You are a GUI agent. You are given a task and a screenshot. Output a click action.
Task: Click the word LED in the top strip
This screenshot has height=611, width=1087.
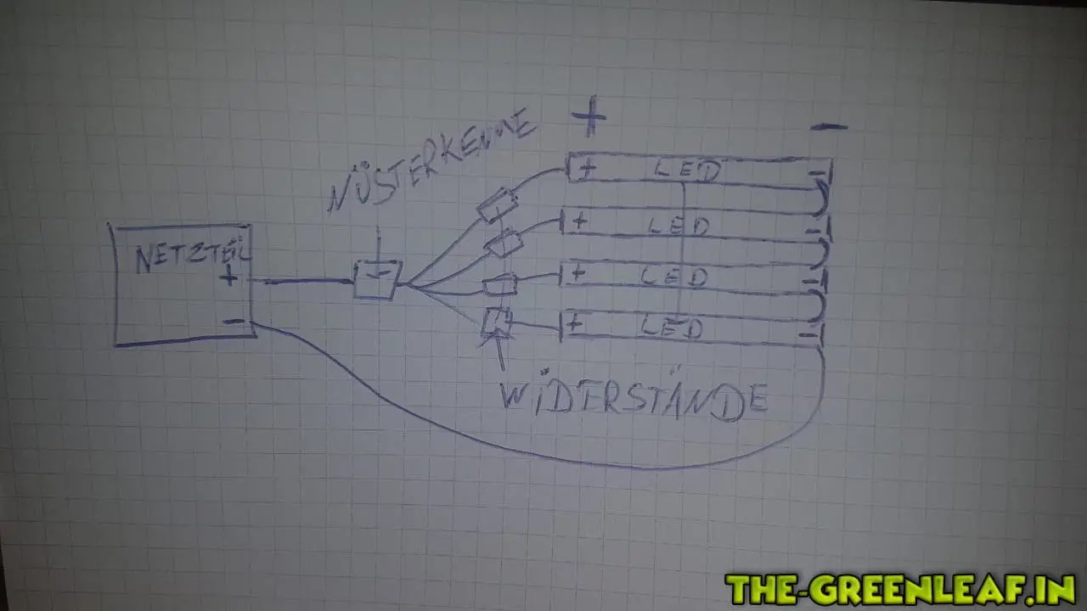pyautogui.click(x=688, y=171)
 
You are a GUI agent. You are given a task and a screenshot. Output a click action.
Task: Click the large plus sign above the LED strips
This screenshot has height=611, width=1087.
pyautogui.click(x=589, y=118)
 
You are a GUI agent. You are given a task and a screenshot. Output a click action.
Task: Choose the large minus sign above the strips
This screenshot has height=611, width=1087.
pyautogui.click(x=828, y=127)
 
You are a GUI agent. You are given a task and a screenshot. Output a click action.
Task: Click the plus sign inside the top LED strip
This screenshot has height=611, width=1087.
pyautogui.click(x=586, y=169)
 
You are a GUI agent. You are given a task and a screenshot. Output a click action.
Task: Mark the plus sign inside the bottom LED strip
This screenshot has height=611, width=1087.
pyautogui.click(x=575, y=322)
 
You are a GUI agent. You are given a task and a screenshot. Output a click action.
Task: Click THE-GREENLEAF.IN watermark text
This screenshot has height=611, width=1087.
pyautogui.click(x=900, y=588)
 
